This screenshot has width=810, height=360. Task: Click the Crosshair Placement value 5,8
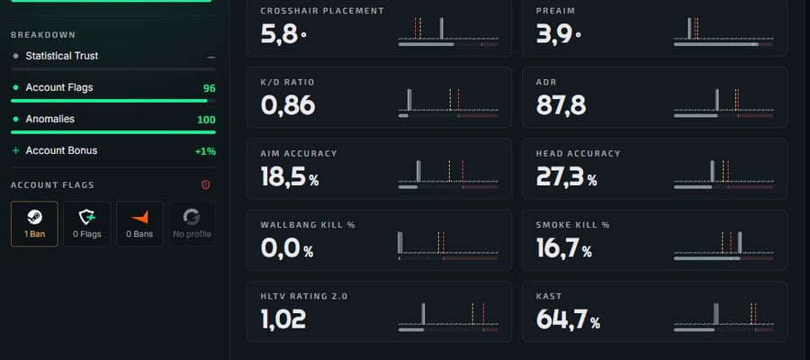coord(280,34)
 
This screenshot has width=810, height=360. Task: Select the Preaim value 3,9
coord(553,34)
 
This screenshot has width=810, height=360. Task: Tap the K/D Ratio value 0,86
coord(288,105)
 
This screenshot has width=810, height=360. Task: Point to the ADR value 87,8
coord(561,105)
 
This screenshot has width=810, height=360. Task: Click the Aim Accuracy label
coord(299,153)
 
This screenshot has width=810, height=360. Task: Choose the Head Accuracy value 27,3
coord(560,177)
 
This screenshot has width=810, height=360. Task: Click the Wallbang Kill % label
coord(308,225)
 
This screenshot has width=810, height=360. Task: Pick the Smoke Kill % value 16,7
coord(557,248)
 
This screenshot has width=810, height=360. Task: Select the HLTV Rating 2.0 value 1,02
coord(283,319)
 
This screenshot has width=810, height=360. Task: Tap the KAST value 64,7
coord(562,319)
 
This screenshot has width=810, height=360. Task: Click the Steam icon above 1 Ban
coord(34,218)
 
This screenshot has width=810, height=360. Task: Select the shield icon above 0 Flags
coord(86,218)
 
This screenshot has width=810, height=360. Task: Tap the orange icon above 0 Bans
coord(139,218)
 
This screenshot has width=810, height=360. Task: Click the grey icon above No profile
coord(192,218)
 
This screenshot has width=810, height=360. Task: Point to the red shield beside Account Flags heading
coord(205,184)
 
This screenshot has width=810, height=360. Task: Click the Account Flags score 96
coord(209,88)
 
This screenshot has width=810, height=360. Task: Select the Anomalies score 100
coord(206,120)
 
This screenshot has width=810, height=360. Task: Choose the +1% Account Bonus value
coord(205,151)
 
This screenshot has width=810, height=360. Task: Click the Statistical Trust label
coord(62,56)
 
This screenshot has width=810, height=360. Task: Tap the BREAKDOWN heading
coord(43,35)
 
